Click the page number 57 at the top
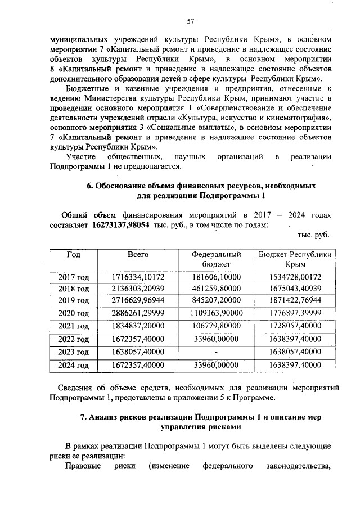190,21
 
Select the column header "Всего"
138,255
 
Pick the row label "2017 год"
74,277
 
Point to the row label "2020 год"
74,313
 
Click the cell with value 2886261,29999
138,313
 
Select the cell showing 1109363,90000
216,313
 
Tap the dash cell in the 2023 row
216,352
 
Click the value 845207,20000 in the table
216,300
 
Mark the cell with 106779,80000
216,326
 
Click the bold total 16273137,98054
117,225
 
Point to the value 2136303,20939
138,289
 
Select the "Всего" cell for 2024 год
138,365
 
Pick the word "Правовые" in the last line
84,466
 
